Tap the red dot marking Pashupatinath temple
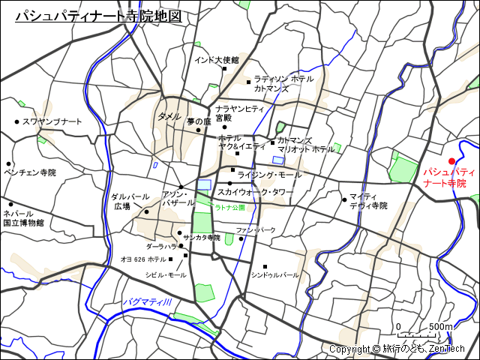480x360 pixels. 451,161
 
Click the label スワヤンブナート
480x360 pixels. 52,121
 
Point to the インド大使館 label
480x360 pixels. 216,59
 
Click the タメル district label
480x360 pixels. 169,116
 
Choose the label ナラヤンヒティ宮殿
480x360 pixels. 239,113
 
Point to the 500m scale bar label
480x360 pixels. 441,327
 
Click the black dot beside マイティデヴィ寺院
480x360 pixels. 344,199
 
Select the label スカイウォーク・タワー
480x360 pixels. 255,192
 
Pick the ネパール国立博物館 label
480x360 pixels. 23,218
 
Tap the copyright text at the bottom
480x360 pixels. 397,349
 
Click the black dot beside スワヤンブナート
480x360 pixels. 16,121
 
